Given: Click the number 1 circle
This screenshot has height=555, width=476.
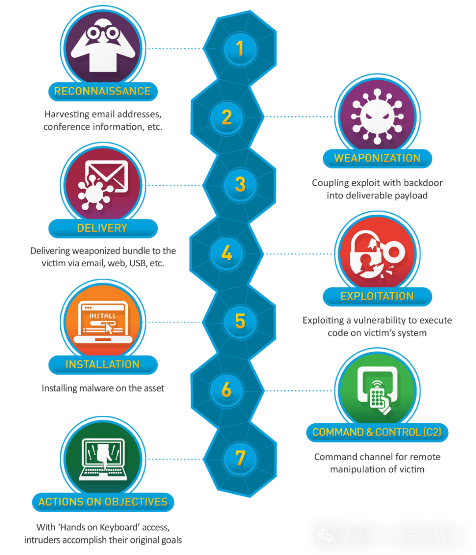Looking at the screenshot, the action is tap(240, 49).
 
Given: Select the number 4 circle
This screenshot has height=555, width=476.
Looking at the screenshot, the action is tap(227, 253).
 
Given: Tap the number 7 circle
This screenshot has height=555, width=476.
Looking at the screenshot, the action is tap(240, 458).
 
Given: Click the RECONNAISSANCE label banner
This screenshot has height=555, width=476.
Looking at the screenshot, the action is tap(103, 92).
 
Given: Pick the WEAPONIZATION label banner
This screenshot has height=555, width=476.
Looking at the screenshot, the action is tap(377, 158).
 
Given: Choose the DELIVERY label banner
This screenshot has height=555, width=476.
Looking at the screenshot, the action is tap(103, 228).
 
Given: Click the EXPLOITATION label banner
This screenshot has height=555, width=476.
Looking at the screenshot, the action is tap(377, 296).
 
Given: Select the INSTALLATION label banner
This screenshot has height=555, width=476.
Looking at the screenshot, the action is tap(103, 365).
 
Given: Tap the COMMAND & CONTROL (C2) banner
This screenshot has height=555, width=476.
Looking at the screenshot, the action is tap(377, 432).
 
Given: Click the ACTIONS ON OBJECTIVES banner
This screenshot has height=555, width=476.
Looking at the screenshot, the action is tap(103, 502).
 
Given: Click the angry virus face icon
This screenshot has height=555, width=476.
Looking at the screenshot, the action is tap(377, 116).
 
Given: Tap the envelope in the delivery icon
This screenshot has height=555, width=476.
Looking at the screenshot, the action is tap(107, 176).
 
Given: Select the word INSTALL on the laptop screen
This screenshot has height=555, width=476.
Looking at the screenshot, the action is tap(103, 316).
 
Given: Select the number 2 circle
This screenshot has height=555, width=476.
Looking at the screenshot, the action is tap(227, 118).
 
